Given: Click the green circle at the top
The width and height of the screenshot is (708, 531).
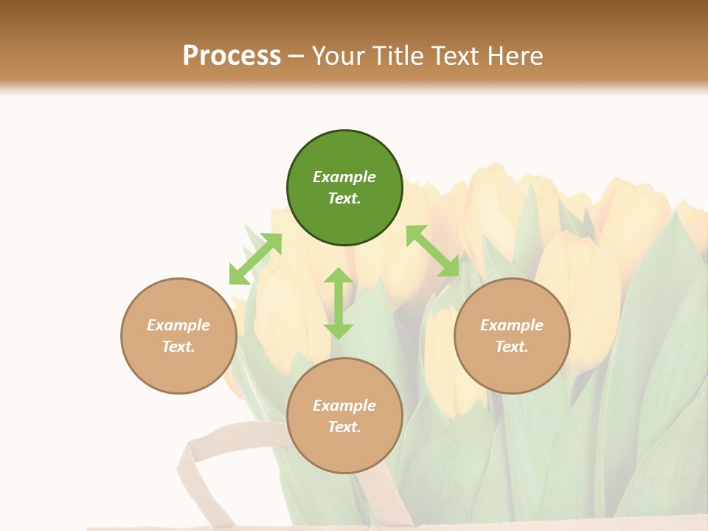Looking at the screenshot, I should point(344,188).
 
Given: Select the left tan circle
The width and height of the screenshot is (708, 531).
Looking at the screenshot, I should point(178,336).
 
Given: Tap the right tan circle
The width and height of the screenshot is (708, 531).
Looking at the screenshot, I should point(512,336).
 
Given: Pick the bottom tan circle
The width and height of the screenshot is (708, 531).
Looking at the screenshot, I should point(344,416).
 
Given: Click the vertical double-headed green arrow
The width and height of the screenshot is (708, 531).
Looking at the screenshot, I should point(339,303).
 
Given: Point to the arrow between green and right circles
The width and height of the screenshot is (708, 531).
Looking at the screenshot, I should point(432,251).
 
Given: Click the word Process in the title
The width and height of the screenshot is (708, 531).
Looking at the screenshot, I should point(232,55).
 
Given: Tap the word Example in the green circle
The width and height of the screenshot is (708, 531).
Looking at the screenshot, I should point(344,177).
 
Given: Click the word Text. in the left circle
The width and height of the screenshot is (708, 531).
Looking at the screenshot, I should point(178,347).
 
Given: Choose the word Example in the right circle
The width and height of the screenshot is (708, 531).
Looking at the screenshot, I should point(512,325).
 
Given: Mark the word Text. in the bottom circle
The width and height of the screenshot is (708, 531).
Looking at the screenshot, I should point(344,427).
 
